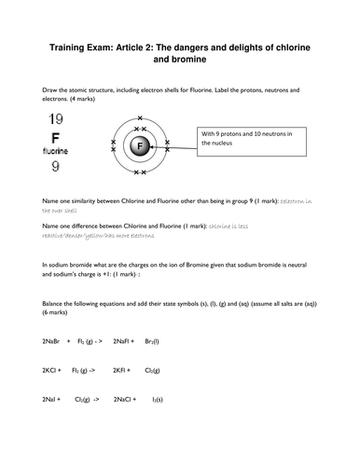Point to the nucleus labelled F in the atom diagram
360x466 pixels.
point(140,146)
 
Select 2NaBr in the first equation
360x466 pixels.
point(54,342)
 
